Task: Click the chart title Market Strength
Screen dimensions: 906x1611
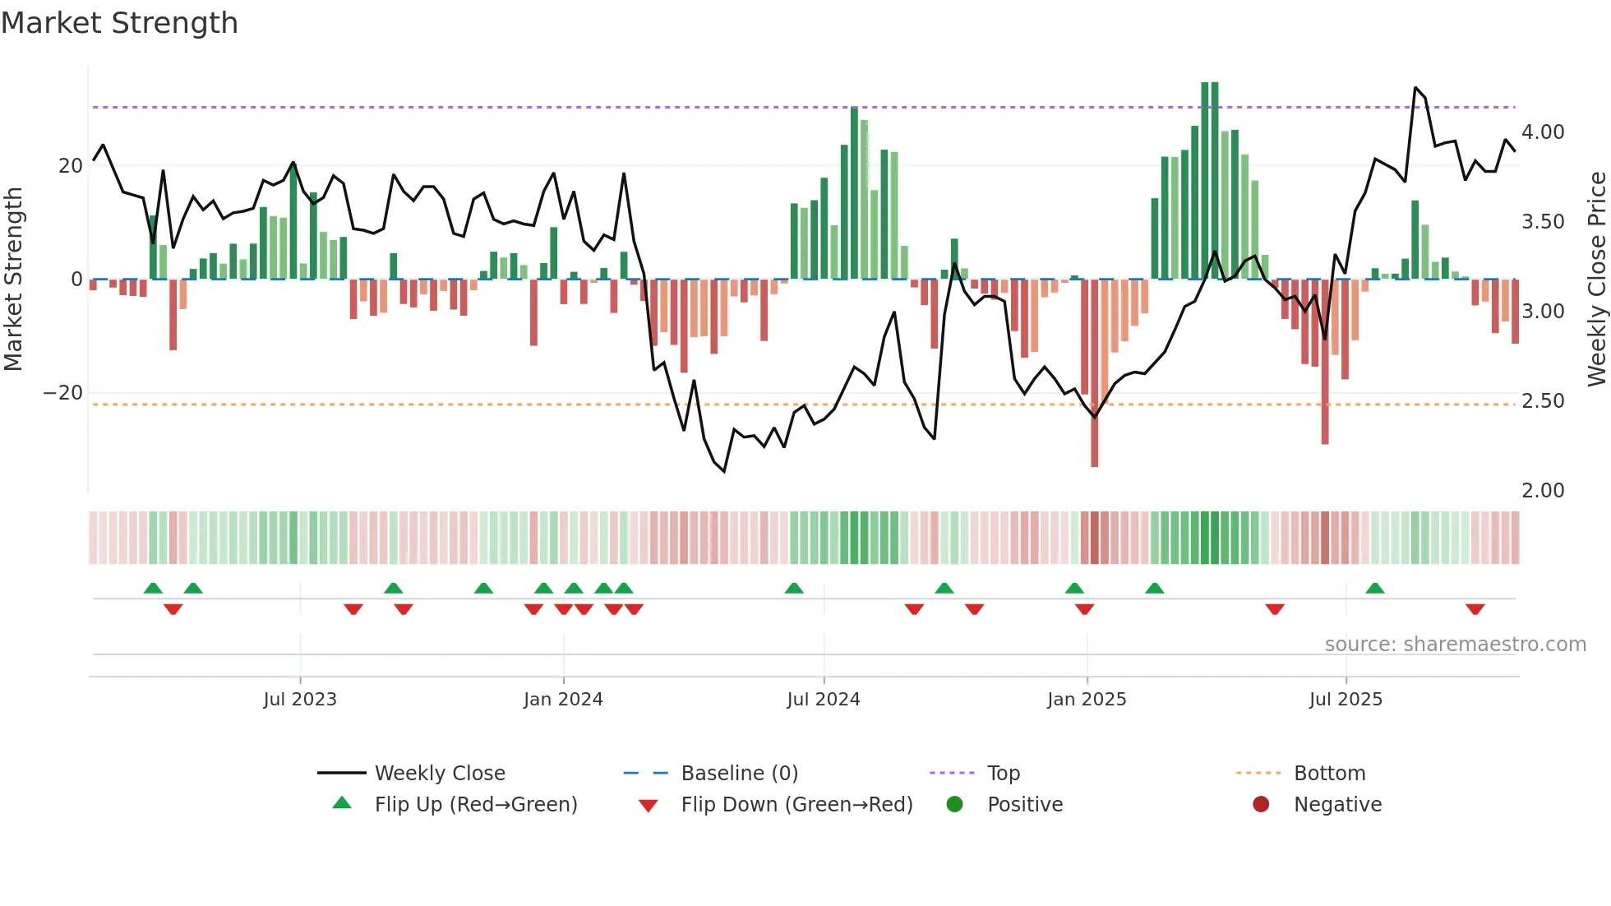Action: point(119,23)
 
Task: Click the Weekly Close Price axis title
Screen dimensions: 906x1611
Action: point(1596,279)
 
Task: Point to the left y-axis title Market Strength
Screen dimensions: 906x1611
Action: point(14,279)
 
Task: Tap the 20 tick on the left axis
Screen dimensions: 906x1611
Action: point(71,166)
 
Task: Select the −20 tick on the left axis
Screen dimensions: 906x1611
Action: point(63,393)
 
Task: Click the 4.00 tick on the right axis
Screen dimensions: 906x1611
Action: point(1543,132)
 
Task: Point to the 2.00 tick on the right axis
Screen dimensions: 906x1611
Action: point(1543,491)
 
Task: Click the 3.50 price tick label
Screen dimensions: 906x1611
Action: point(1543,222)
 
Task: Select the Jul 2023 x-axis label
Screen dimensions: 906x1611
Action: point(300,700)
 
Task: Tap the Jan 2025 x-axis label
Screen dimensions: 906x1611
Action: point(1087,700)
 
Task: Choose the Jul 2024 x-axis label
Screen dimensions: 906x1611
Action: point(824,700)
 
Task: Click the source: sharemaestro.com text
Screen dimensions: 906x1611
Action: point(1455,645)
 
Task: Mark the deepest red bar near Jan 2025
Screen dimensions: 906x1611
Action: point(1094,373)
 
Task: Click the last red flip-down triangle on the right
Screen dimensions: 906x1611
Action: point(1475,609)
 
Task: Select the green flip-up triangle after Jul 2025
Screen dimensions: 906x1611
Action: point(1375,588)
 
